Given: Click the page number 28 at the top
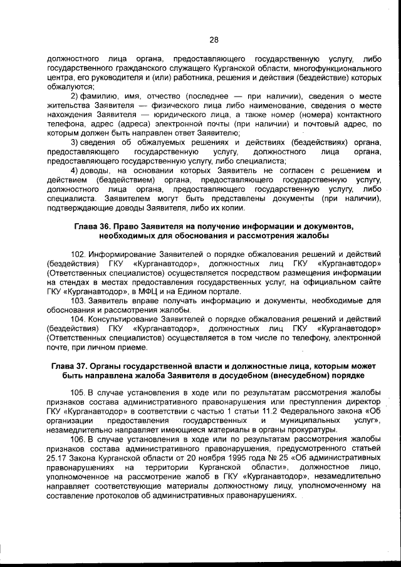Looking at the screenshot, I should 213,40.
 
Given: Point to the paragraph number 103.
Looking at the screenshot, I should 78,301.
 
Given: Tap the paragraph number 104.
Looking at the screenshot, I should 78,319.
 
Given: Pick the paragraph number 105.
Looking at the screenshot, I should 78,393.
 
